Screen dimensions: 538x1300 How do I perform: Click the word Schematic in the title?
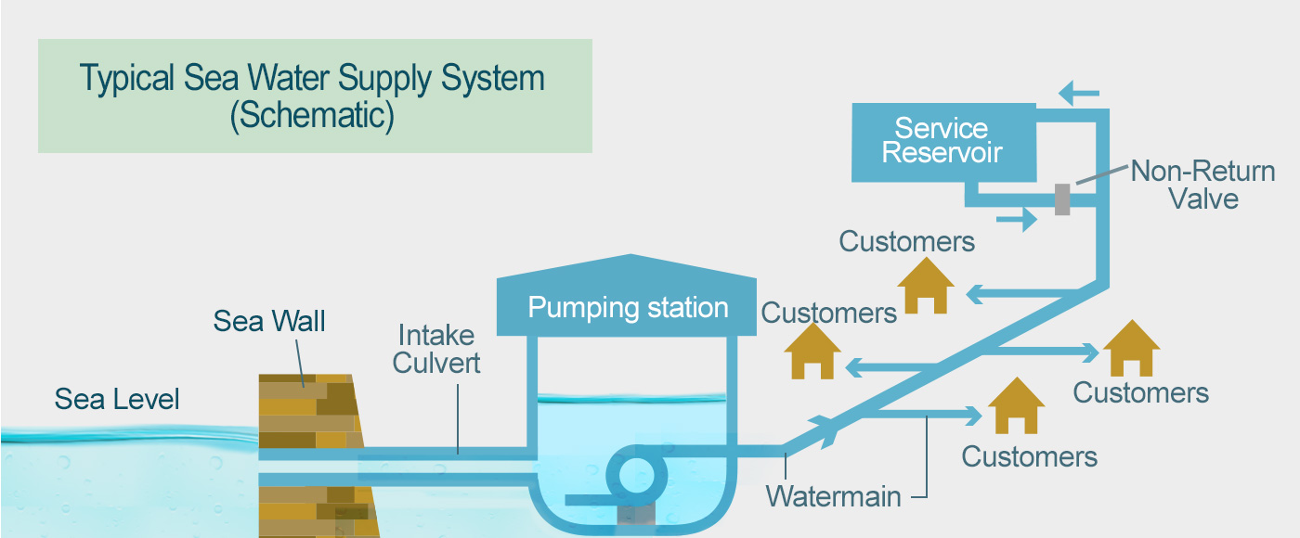coord(313,115)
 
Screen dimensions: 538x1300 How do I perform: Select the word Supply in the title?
coord(371,78)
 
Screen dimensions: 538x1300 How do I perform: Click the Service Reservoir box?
coord(942,142)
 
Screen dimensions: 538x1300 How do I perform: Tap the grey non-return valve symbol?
coord(1062,199)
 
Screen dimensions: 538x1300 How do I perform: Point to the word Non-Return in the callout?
coord(1202,172)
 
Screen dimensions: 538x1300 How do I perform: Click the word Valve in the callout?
coord(1203,199)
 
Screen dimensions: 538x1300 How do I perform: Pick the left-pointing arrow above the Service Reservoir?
coord(1079,93)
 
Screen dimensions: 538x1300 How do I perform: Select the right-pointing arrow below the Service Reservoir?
coord(1017,220)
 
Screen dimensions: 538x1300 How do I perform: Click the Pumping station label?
coord(628,307)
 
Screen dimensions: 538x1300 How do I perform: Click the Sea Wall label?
coord(269,321)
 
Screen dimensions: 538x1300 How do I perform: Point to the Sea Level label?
coord(117,399)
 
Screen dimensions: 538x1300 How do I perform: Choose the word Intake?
coord(435,335)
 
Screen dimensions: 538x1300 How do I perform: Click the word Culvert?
coord(436,363)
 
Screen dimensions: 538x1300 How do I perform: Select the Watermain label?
coord(833,495)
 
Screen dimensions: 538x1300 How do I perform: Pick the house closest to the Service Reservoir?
coord(926,284)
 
